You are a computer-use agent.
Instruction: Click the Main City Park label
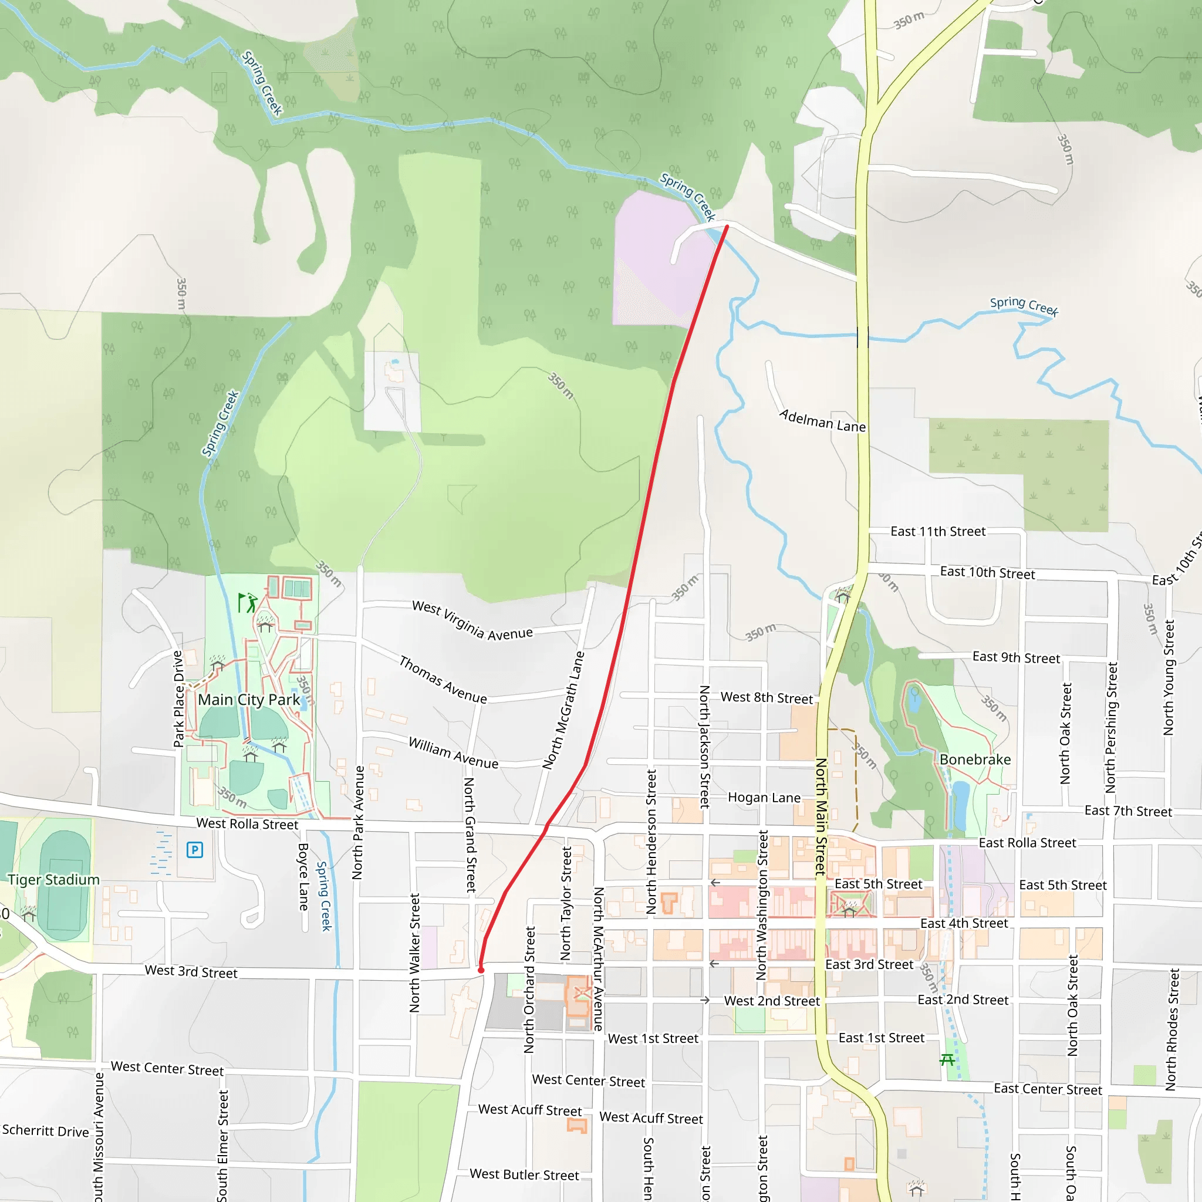[x=249, y=700]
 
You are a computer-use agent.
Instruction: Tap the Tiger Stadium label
[x=53, y=880]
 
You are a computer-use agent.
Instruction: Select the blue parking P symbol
[x=195, y=850]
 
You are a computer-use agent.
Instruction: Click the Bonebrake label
[x=975, y=759]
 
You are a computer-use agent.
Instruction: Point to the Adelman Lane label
[x=822, y=421]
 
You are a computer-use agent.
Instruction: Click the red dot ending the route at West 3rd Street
[x=481, y=970]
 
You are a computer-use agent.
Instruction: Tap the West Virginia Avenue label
[x=472, y=620]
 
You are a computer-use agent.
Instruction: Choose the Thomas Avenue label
[x=443, y=680]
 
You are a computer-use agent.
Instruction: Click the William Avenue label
[x=454, y=754]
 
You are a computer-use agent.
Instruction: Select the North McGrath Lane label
[x=563, y=711]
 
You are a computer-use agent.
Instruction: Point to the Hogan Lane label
[x=764, y=798]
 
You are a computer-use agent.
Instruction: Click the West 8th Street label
[x=767, y=698]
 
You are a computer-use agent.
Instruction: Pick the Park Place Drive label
[x=178, y=698]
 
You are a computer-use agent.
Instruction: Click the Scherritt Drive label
[x=45, y=1131]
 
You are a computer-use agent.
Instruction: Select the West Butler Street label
[x=524, y=1174]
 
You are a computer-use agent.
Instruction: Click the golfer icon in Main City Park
[x=248, y=603]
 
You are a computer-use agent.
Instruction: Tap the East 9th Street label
[x=1016, y=657]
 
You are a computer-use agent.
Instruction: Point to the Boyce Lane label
[x=303, y=877]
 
